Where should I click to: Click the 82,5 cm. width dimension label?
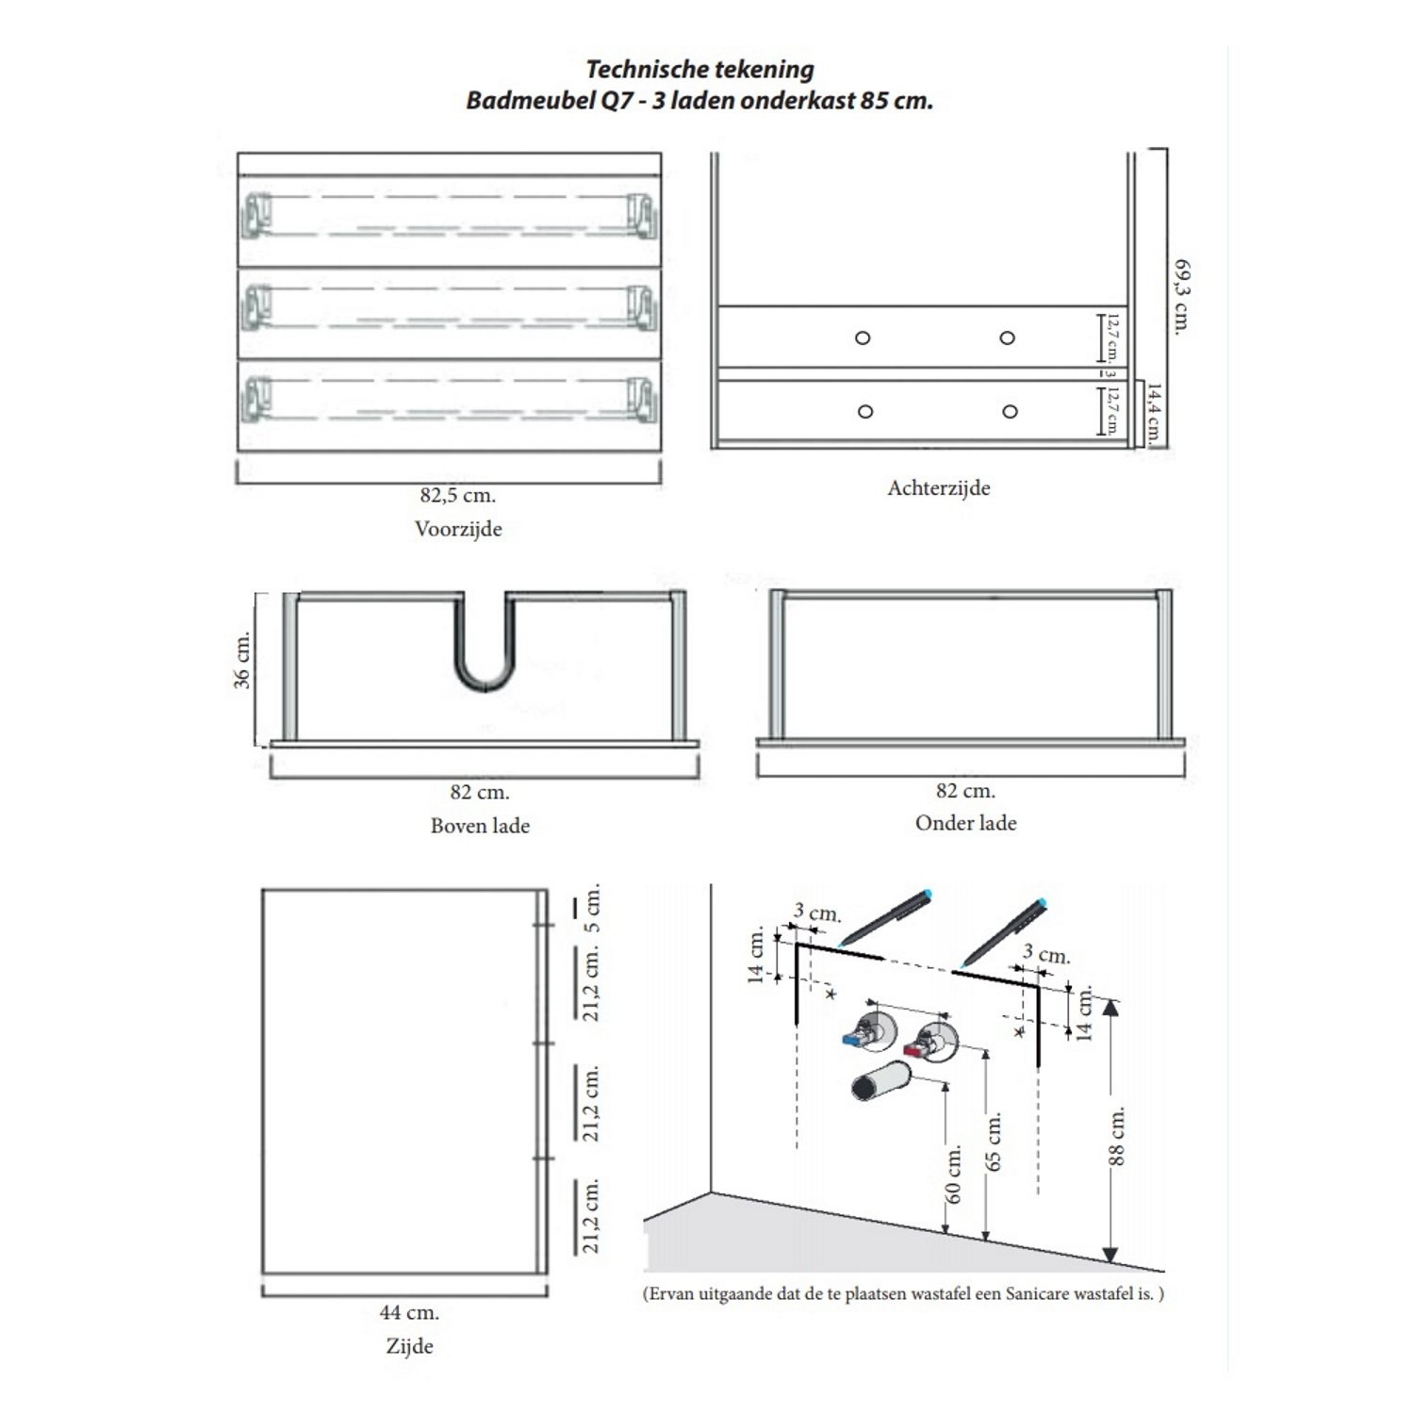tap(458, 495)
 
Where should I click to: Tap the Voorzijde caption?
tap(458, 529)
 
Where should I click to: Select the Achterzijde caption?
tap(939, 488)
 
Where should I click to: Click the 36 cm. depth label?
tap(243, 660)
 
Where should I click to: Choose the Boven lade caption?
tap(480, 826)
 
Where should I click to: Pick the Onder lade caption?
tap(965, 823)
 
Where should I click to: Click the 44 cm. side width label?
tap(409, 1312)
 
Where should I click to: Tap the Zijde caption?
tap(409, 1346)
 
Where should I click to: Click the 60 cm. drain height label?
tap(954, 1174)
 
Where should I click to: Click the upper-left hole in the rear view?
tap(863, 337)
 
